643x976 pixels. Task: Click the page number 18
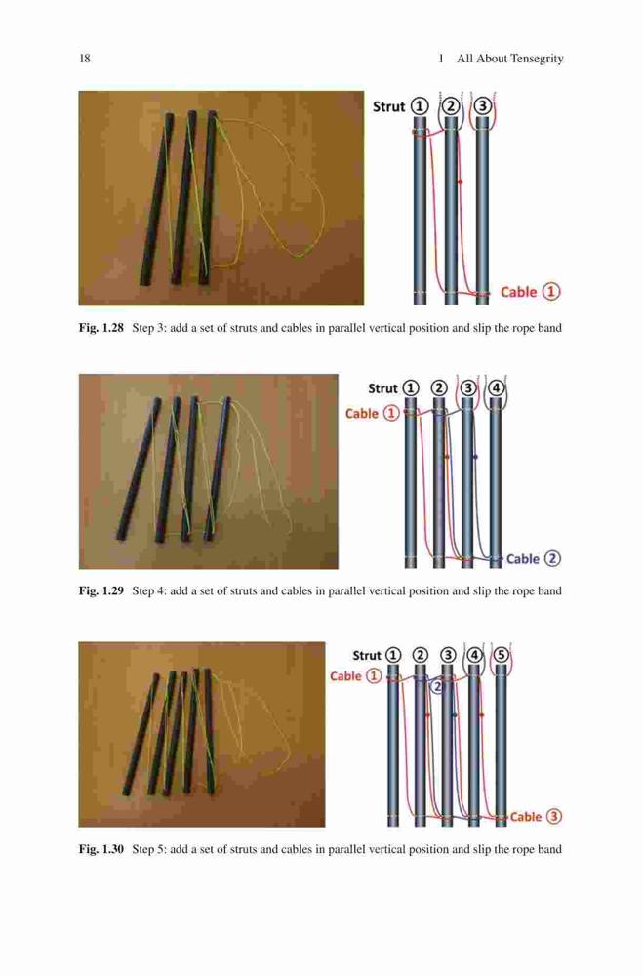tap(85, 59)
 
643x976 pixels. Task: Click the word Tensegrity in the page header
tap(537, 59)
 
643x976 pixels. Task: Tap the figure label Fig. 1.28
tap(101, 328)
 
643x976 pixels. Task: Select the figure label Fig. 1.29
tap(101, 590)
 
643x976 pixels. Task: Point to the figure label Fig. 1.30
tap(101, 849)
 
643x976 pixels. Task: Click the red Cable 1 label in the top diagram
tap(531, 291)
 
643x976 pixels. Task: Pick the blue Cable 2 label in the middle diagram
tap(534, 559)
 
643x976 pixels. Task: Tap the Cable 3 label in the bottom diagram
tap(536, 817)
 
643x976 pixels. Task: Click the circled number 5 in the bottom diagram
tap(502, 656)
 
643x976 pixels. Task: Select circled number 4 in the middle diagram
tap(496, 388)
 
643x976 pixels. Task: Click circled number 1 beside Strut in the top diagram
tap(422, 106)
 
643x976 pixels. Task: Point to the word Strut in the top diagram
tap(388, 106)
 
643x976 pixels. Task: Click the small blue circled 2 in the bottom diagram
tap(437, 686)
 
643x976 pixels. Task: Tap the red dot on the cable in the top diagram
tap(460, 182)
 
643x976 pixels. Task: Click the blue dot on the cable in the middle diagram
tap(475, 457)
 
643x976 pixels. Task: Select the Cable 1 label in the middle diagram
tap(372, 413)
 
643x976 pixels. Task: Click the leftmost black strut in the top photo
tap(156, 199)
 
